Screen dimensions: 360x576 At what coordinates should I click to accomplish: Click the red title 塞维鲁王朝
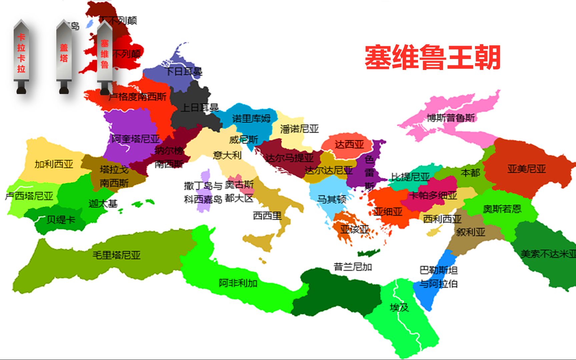click(433, 57)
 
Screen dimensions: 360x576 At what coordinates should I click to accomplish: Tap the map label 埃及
click(399, 307)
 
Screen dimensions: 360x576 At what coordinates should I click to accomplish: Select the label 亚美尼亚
click(527, 169)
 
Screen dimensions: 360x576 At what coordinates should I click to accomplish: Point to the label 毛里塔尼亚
click(116, 255)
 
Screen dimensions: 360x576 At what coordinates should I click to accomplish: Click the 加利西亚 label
click(54, 164)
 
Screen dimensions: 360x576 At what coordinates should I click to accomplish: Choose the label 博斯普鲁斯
click(451, 118)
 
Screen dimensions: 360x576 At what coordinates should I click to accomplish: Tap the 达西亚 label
click(349, 145)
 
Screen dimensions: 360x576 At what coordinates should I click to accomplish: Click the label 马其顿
click(331, 199)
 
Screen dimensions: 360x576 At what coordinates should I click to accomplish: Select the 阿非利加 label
click(238, 283)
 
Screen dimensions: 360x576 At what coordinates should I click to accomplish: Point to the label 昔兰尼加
click(353, 267)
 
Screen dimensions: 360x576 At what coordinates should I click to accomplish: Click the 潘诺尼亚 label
click(299, 129)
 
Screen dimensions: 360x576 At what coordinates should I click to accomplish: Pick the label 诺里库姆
click(251, 118)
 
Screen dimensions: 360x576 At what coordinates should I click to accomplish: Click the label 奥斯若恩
click(502, 209)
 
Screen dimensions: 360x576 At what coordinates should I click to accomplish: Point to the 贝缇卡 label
click(61, 220)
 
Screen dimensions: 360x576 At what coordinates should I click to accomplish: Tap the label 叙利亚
click(470, 232)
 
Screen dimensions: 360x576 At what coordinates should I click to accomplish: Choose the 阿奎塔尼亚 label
click(136, 139)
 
